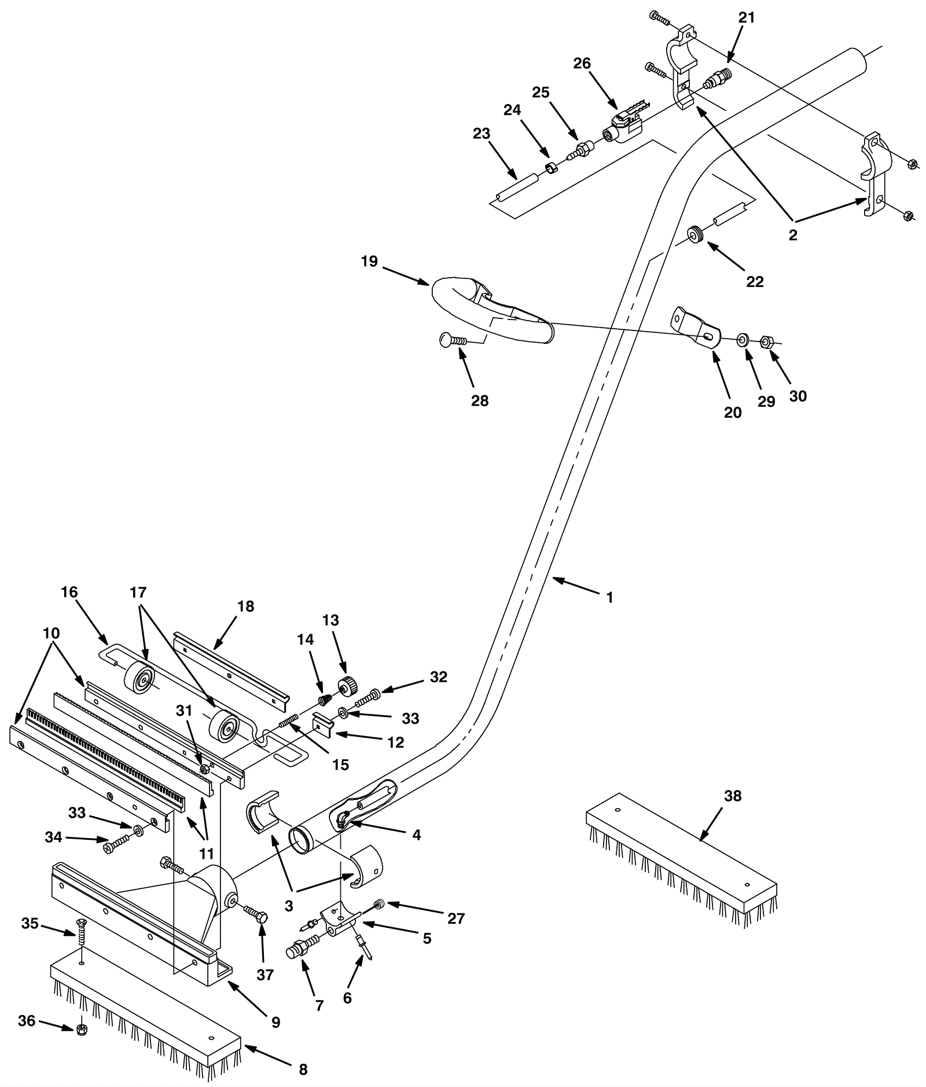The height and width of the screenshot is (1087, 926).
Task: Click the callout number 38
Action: click(733, 796)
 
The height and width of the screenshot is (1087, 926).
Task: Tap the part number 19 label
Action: click(369, 262)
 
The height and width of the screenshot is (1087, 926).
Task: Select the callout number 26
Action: click(582, 63)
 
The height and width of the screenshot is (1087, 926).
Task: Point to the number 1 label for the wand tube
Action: click(609, 597)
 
